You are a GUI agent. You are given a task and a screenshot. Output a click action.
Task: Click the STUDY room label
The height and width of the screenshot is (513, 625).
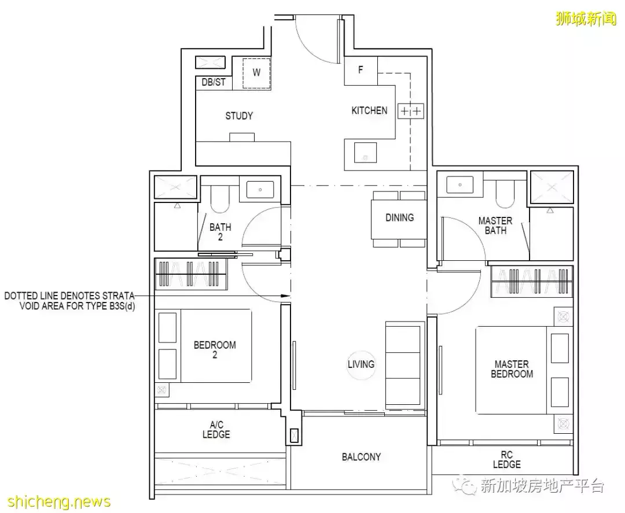(x=239, y=116)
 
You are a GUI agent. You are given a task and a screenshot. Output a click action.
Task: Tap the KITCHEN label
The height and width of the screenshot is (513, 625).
(x=369, y=110)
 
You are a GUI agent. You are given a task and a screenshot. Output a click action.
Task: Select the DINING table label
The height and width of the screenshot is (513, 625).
(x=399, y=217)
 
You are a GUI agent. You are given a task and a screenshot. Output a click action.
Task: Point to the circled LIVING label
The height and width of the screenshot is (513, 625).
(x=361, y=364)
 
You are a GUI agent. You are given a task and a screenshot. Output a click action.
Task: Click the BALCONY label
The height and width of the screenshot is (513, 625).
(x=361, y=457)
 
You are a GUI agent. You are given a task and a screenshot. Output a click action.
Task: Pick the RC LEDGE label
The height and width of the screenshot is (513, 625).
(x=506, y=459)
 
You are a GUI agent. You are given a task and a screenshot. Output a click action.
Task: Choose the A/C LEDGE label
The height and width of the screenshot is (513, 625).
(x=216, y=429)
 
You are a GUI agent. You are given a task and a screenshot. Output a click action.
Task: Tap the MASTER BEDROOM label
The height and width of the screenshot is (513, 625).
(x=512, y=369)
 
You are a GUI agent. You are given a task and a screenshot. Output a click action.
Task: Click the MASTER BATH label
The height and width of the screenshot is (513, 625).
(x=495, y=226)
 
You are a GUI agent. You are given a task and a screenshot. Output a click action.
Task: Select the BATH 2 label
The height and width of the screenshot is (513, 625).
(x=220, y=232)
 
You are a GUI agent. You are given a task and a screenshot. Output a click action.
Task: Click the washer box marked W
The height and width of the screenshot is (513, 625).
(x=257, y=73)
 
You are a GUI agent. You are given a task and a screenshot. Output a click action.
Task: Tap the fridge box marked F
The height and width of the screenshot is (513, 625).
(x=361, y=71)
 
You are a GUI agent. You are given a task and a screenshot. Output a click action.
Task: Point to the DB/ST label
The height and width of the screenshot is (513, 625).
(x=214, y=83)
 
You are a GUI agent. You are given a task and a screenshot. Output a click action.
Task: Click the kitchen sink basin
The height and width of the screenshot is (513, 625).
(x=365, y=153)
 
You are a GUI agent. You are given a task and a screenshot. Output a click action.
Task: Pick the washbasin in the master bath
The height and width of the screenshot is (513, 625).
(x=461, y=185)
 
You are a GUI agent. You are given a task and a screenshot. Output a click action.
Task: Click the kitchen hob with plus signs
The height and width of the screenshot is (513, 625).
(x=411, y=111)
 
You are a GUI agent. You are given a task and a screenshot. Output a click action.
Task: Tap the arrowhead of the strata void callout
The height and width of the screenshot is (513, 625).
(x=286, y=296)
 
